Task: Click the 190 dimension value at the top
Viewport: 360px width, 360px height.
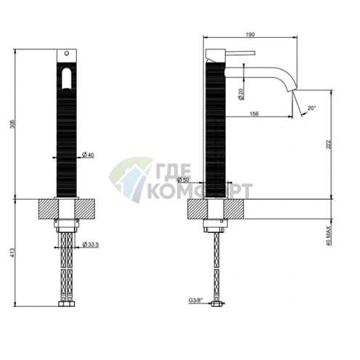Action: pos(250,35)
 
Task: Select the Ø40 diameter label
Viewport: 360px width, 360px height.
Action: pos(88,155)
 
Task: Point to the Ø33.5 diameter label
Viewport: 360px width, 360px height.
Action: pos(91,245)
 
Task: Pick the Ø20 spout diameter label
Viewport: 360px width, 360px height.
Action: pos(241,94)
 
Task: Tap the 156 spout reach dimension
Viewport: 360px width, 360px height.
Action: pos(254,113)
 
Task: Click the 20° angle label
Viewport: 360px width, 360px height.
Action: pos(311,108)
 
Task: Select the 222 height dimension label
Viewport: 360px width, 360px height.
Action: pos(328,144)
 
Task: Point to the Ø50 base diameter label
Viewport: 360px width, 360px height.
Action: pos(183,180)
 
